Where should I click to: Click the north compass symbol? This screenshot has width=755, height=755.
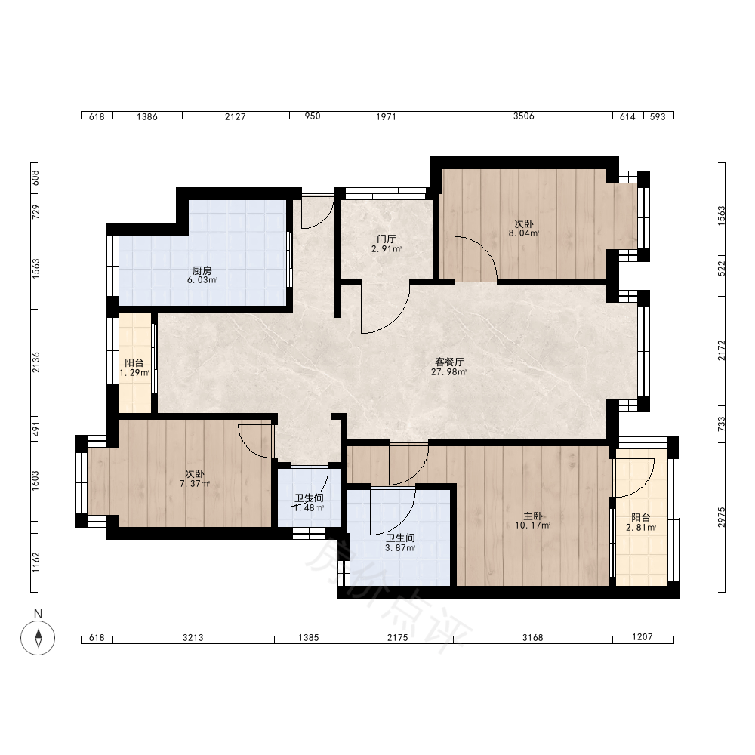click(x=38, y=638)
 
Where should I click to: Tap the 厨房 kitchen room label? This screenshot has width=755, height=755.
click(x=202, y=270)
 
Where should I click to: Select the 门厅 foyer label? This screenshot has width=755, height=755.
click(x=386, y=239)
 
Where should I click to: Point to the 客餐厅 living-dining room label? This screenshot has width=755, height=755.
click(x=449, y=362)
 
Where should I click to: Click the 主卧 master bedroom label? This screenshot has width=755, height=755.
click(x=533, y=516)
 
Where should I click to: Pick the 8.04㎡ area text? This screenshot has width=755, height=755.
click(x=524, y=233)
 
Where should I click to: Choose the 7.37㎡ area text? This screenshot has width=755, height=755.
click(x=195, y=484)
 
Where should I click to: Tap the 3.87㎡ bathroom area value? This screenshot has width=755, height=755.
click(x=400, y=548)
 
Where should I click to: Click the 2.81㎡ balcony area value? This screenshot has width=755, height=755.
click(x=641, y=528)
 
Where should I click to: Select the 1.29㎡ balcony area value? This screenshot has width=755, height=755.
click(x=134, y=373)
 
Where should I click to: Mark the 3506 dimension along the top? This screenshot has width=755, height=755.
click(x=524, y=116)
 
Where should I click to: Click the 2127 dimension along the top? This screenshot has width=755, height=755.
click(x=236, y=116)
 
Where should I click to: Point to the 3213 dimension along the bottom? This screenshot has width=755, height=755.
click(x=193, y=637)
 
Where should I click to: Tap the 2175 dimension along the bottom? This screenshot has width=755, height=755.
click(x=398, y=637)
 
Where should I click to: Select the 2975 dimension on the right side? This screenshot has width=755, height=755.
click(x=721, y=517)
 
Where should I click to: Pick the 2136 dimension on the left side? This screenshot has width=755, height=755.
click(x=36, y=362)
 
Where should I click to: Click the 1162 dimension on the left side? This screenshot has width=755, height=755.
click(x=36, y=562)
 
